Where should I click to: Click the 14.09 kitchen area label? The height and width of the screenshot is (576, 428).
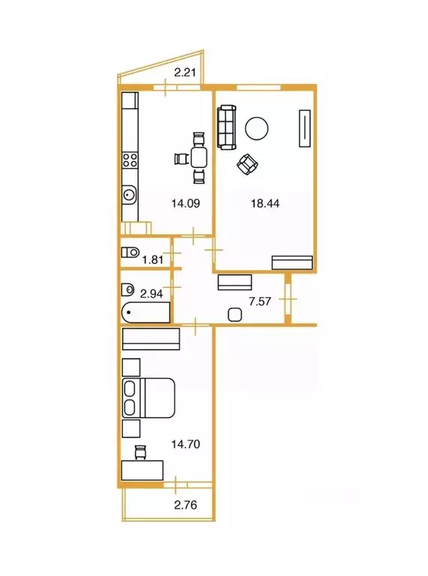pyautogui.click(x=186, y=203)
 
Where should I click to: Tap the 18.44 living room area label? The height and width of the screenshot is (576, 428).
pyautogui.click(x=265, y=203)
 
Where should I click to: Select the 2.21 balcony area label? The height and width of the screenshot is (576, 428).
pyautogui.click(x=185, y=72)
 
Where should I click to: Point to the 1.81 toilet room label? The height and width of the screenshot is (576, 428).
pyautogui.click(x=153, y=259)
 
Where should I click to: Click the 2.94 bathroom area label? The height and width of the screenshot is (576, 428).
pyautogui.click(x=151, y=293)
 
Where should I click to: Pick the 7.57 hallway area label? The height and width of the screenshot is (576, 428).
pyautogui.click(x=260, y=301)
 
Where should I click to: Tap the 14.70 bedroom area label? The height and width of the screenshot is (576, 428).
pyautogui.click(x=186, y=445)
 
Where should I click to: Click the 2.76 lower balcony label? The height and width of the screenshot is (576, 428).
pyautogui.click(x=186, y=505)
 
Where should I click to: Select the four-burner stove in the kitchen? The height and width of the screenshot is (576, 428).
pyautogui.click(x=130, y=160)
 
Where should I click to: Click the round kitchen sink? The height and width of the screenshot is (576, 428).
pyautogui.click(x=129, y=194)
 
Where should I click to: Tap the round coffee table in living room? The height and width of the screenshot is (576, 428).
pyautogui.click(x=256, y=128)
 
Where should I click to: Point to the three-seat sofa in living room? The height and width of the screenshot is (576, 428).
pyautogui.click(x=226, y=127)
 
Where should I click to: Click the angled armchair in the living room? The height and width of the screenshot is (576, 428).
pyautogui.click(x=247, y=164)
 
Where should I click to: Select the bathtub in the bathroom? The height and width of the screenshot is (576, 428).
pyautogui.click(x=145, y=313)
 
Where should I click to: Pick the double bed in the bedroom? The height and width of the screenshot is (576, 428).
pyautogui.click(x=148, y=397)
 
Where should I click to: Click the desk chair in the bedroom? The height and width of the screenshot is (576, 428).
pyautogui.click(x=141, y=451)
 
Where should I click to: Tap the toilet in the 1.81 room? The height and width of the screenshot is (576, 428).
pyautogui.click(x=130, y=252)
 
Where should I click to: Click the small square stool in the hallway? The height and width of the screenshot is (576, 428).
pyautogui.click(x=235, y=315)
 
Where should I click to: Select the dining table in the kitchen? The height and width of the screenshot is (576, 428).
pyautogui.click(x=199, y=157)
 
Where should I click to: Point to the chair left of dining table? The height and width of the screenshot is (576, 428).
pyautogui.click(x=181, y=159)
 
